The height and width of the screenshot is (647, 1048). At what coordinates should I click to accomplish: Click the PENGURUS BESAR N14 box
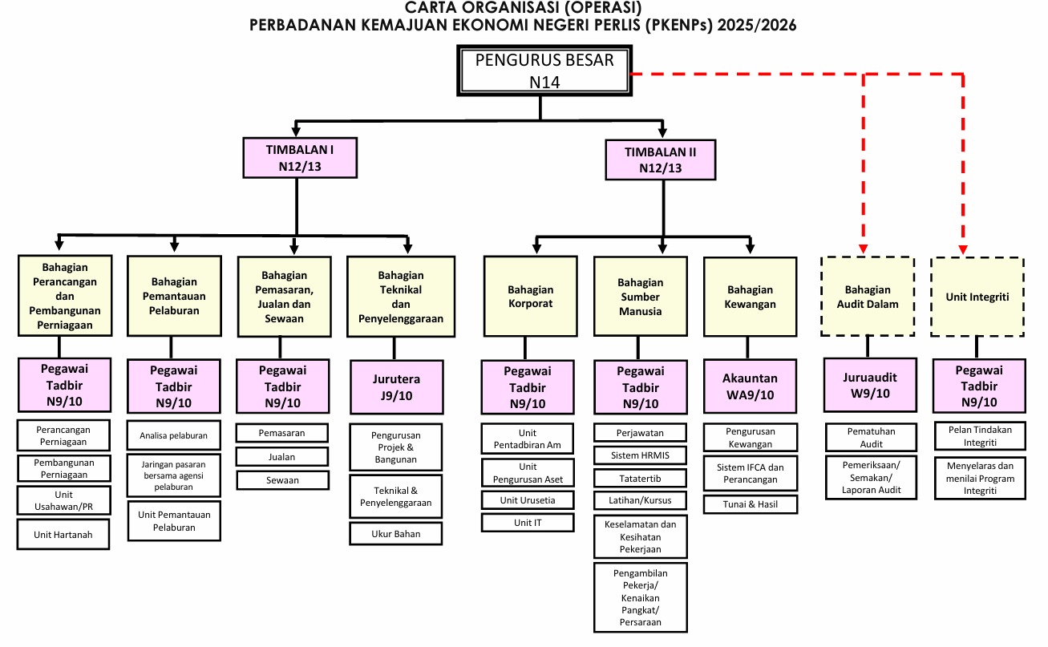544,71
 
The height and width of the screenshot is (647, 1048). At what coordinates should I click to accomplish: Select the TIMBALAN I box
299,157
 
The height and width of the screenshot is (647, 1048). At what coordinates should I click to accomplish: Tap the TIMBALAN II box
661,158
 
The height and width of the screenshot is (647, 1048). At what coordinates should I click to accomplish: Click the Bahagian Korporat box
529,296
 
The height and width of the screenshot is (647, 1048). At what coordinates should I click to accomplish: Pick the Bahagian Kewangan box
750,296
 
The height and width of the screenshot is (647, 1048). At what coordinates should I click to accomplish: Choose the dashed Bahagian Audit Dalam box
871,296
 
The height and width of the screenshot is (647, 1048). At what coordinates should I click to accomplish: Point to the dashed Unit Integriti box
977,296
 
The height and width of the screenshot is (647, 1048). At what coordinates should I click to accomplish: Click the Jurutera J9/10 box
396,386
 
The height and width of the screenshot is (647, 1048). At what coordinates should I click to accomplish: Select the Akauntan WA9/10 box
750,386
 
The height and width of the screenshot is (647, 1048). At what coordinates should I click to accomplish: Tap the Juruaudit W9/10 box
871,385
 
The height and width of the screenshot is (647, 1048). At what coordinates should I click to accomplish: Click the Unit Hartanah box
63,534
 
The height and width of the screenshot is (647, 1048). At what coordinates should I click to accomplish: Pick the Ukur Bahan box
395,533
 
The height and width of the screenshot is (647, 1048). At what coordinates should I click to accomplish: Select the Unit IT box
528,523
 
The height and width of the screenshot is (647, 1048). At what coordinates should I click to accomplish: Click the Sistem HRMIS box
640,455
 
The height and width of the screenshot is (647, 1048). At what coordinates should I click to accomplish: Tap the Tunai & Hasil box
751,504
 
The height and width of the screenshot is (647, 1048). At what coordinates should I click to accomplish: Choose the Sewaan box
282,480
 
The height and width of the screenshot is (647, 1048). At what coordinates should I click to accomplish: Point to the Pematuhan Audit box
871,437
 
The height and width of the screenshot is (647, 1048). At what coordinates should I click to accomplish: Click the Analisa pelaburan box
173,435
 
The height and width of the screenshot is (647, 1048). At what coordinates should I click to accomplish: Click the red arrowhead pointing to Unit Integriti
963,249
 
